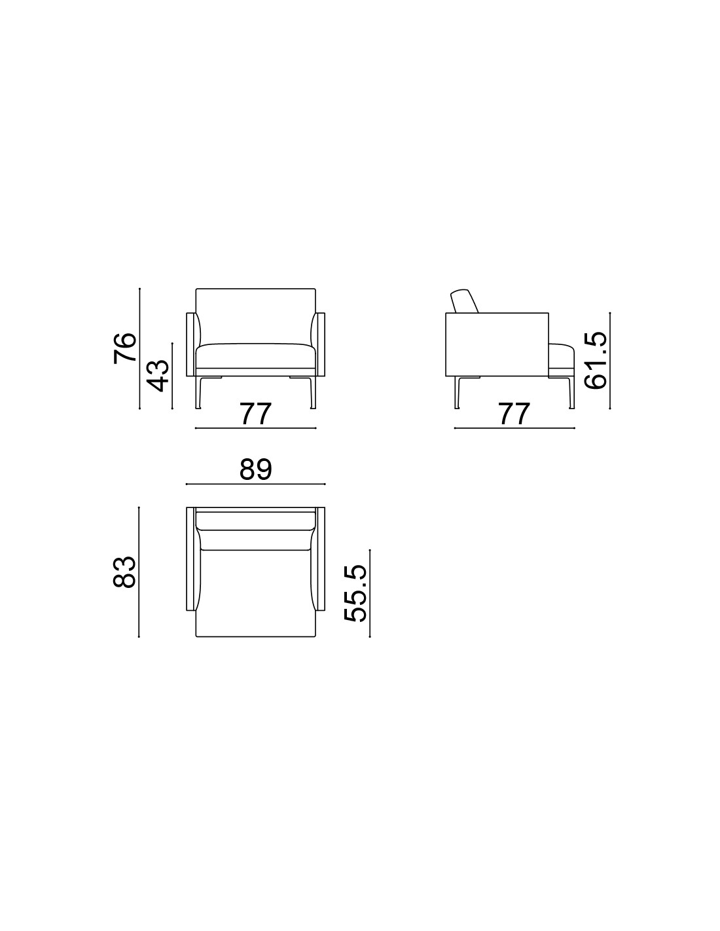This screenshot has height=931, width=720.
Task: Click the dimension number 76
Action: [x=124, y=348]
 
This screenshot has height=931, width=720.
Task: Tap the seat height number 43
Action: [x=157, y=376]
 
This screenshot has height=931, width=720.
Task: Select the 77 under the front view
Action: [x=255, y=413]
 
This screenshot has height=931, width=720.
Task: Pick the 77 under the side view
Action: [x=514, y=413]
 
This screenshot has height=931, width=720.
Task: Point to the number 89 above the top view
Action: [x=256, y=469]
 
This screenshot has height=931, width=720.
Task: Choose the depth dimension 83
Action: [x=124, y=572]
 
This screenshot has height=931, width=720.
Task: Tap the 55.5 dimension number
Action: [x=355, y=593]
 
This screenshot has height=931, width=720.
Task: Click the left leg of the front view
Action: [x=198, y=392]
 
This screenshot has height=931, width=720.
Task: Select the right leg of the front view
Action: [x=313, y=392]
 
